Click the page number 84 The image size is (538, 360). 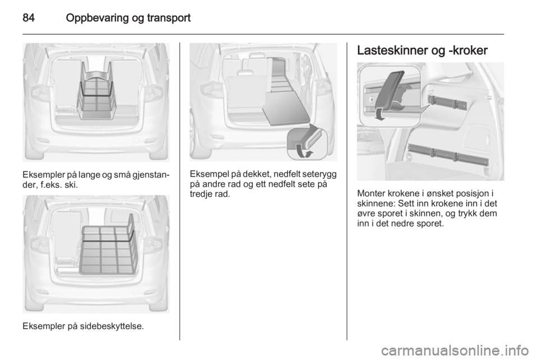point(29,17)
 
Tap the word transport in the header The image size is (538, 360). point(169,19)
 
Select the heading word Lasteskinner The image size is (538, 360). point(392,50)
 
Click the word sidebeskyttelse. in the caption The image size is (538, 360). point(112,326)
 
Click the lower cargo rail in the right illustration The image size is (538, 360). point(448,155)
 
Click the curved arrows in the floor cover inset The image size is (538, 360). point(304,151)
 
